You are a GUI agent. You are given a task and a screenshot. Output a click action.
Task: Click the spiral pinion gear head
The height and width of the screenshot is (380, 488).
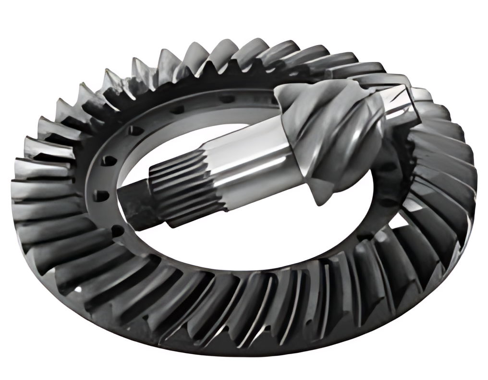tap(336, 139)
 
